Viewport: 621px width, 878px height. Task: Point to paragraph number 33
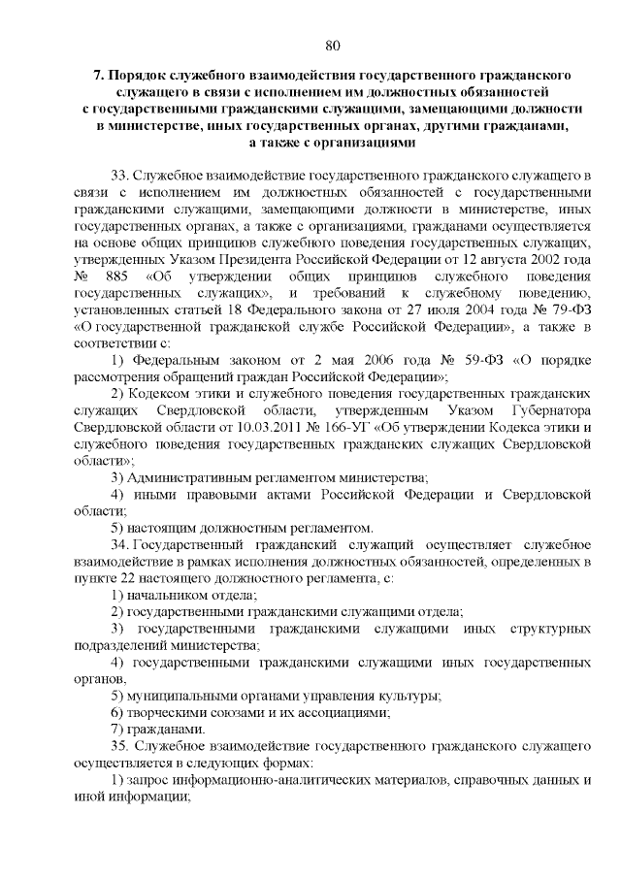pyautogui.click(x=119, y=175)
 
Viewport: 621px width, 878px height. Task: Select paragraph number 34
pyautogui.click(x=119, y=544)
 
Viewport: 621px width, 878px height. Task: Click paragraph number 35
pyautogui.click(x=119, y=746)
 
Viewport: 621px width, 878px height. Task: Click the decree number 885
pyautogui.click(x=112, y=275)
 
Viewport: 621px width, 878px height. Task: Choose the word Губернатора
pyautogui.click(x=545, y=409)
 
